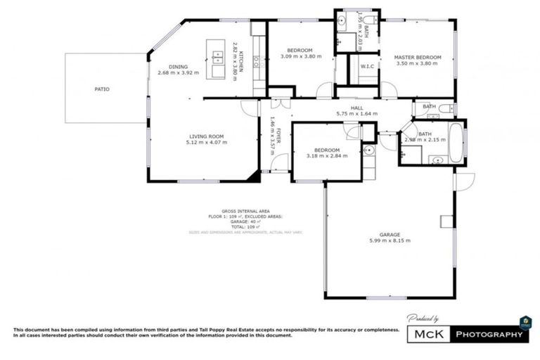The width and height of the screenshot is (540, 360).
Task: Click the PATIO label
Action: point(102,89)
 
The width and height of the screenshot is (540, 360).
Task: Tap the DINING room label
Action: point(178,67)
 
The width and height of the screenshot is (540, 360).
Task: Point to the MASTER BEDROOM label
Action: point(417,57)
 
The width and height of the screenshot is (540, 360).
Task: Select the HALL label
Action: point(356,107)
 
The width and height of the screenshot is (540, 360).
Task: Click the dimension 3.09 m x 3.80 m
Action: point(300,56)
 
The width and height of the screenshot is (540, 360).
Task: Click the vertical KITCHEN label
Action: point(240,62)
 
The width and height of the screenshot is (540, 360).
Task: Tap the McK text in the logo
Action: point(429,335)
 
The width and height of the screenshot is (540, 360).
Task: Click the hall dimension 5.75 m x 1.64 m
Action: point(356,113)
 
